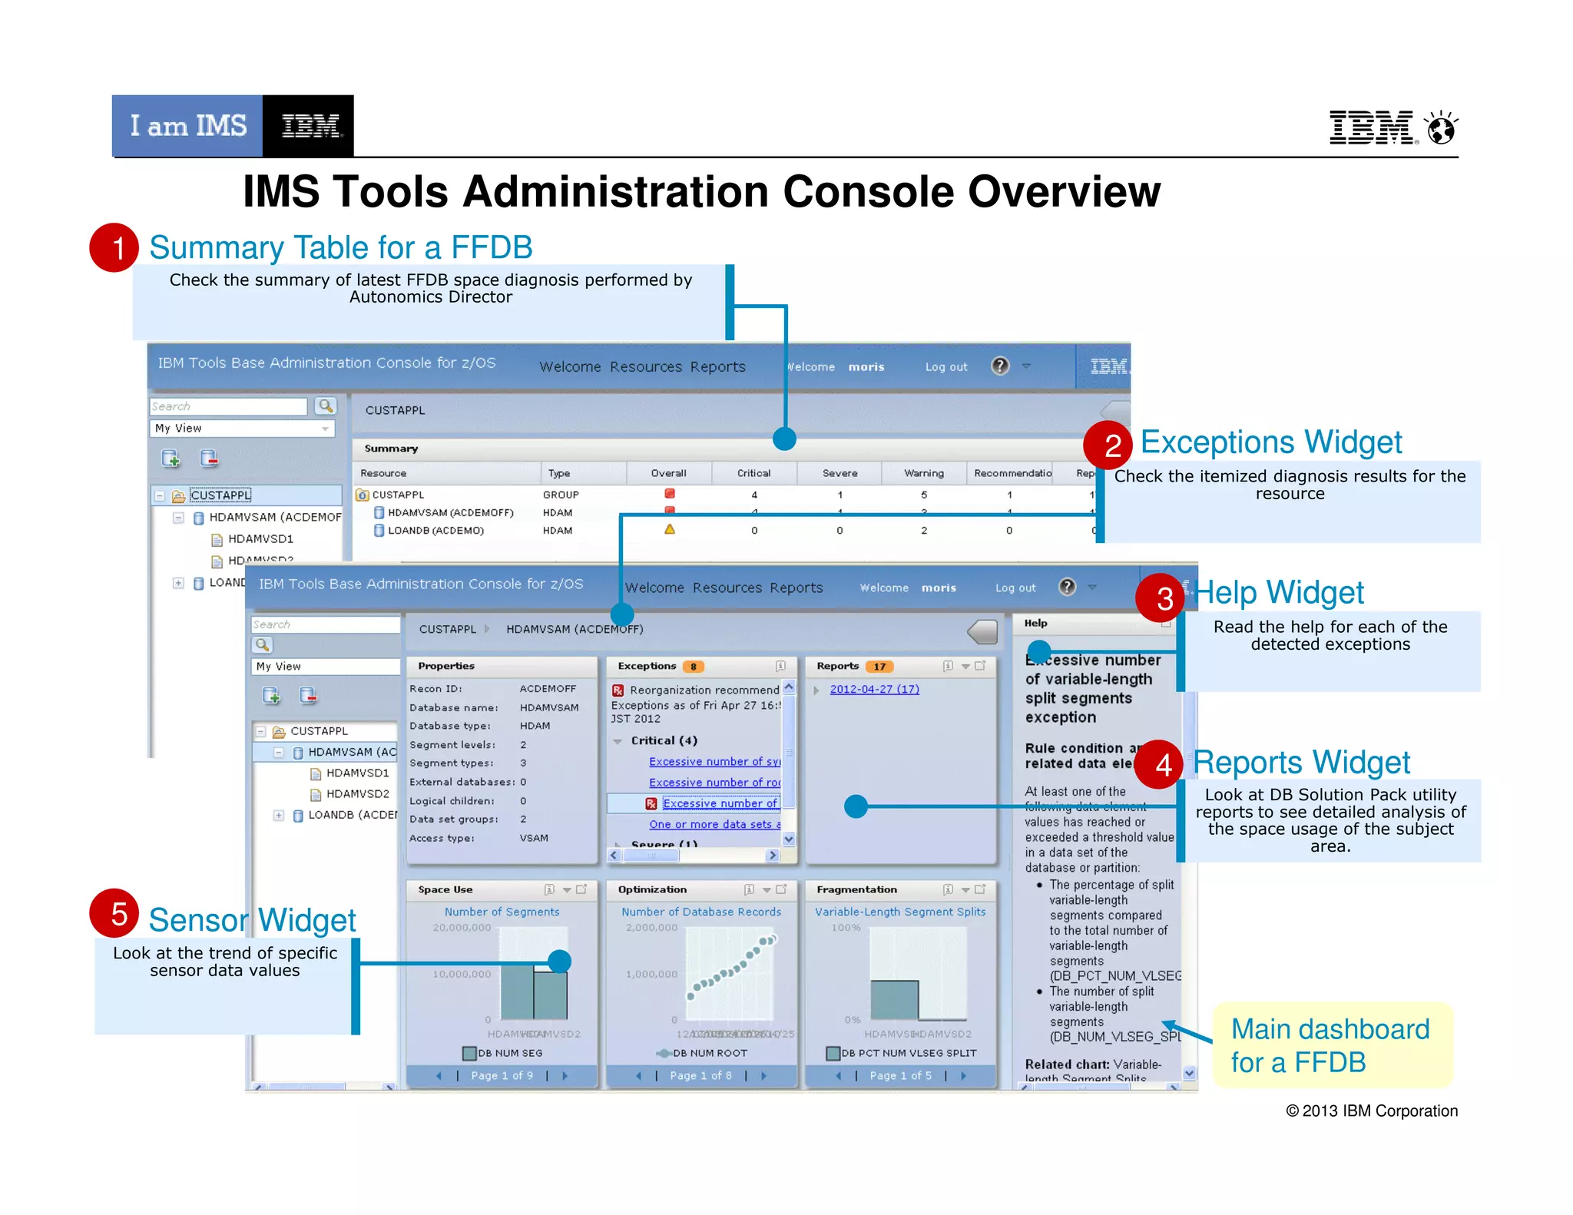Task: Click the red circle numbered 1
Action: coord(114,248)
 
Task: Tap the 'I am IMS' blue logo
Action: coord(187,126)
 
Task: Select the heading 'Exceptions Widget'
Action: coord(1270,442)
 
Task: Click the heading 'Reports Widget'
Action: coord(1301,763)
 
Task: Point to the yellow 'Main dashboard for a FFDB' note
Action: coord(1330,1045)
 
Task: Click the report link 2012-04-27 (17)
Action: coord(874,689)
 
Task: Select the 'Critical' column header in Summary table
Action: coord(753,473)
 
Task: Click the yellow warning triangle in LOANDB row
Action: coord(670,529)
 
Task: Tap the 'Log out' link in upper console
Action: coord(945,367)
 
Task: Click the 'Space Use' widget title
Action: coord(445,889)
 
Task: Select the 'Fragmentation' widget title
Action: coord(856,889)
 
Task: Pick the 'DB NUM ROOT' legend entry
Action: coord(708,1053)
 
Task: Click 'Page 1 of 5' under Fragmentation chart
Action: coord(900,1075)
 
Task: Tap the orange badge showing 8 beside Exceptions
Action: coord(693,667)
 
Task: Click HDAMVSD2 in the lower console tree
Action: coord(357,793)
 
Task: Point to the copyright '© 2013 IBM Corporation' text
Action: coord(1371,1111)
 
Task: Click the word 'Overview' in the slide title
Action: coord(1064,192)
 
